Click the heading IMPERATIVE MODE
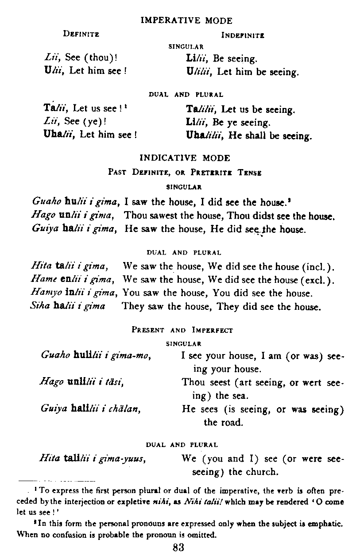point(186,20)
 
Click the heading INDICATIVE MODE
point(185,158)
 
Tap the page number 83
point(178,547)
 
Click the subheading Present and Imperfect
point(182,330)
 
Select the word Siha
point(40,307)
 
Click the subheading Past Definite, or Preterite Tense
point(185,173)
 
